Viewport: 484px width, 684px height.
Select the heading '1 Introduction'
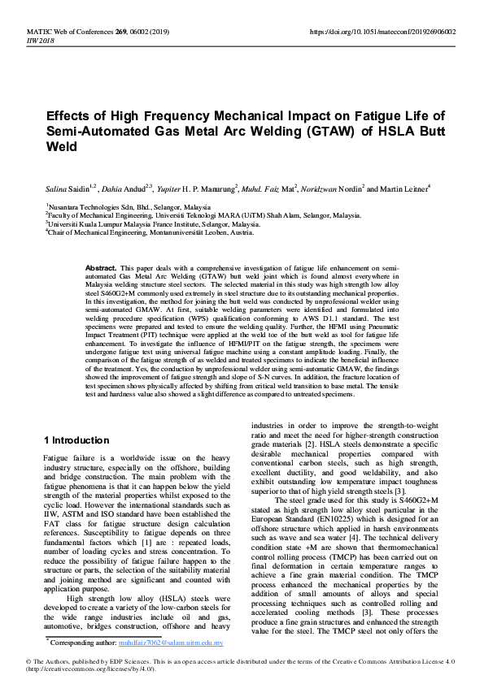pos(76,440)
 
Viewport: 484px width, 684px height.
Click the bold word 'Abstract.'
pos(101,267)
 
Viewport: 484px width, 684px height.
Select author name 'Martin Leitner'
pos(404,188)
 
